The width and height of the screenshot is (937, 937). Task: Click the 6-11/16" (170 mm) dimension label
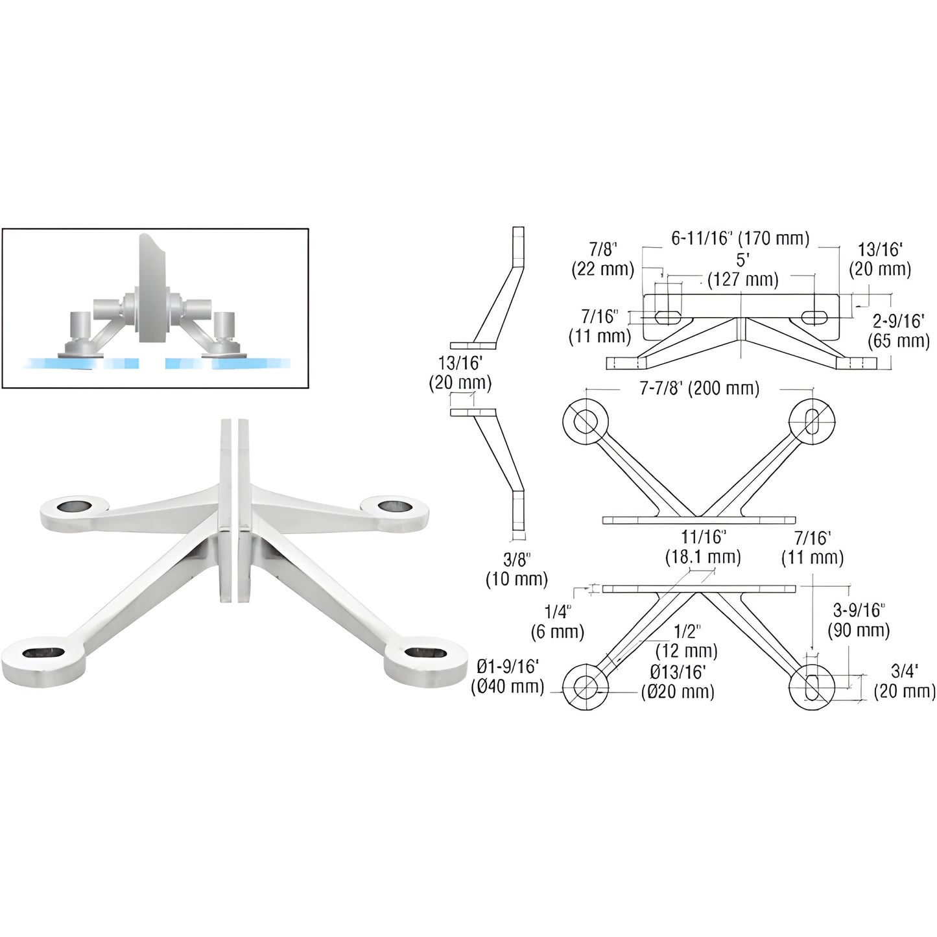pyautogui.click(x=740, y=239)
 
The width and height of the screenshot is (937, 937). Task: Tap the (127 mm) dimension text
pyautogui.click(x=742, y=279)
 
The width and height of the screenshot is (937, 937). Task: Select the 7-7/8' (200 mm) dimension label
pyautogui.click(x=699, y=388)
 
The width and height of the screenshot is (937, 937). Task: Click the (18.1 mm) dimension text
pyautogui.click(x=703, y=556)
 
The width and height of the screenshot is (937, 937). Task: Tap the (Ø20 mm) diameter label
pyautogui.click(x=678, y=691)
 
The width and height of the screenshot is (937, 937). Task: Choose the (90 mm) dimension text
pyautogui.click(x=860, y=630)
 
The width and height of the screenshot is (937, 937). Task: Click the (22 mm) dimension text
pyautogui.click(x=602, y=269)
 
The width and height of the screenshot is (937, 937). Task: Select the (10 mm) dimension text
pyautogui.click(x=517, y=578)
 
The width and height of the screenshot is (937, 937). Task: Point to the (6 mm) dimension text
pyautogui.click(x=558, y=631)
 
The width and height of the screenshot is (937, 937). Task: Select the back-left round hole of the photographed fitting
pyautogui.click(x=75, y=505)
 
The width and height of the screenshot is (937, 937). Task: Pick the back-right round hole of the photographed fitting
pyautogui.click(x=392, y=505)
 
